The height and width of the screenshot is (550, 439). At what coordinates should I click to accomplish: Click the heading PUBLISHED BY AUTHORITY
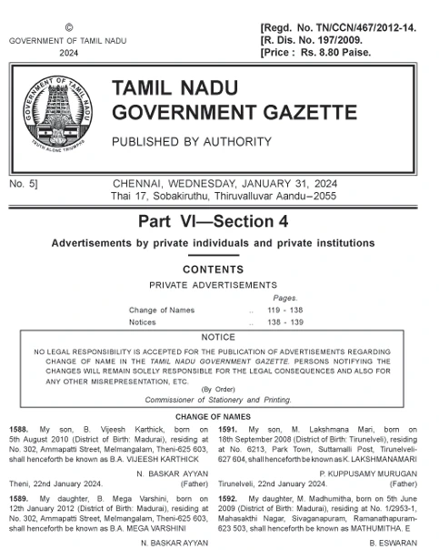tap(191, 142)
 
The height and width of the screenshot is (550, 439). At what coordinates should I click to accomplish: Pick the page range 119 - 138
tap(284, 310)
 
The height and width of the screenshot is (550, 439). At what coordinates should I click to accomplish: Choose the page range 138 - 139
tap(284, 321)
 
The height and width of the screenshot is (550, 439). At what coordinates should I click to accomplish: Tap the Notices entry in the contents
tap(143, 321)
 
